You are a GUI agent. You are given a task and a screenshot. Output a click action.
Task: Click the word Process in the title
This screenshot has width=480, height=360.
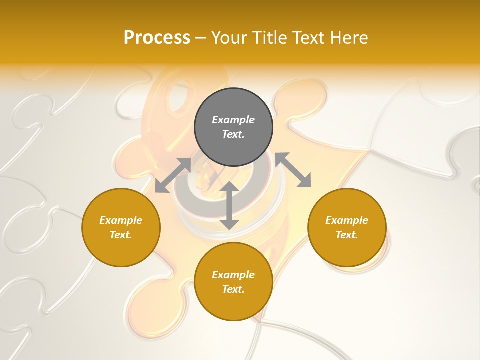pos(157,38)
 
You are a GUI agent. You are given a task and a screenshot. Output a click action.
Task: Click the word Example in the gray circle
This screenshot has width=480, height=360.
pos(233,120)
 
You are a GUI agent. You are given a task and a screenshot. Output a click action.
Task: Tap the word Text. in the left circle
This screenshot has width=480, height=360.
pos(121,235)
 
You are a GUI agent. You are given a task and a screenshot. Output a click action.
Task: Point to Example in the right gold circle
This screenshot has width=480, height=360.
pos(347,220)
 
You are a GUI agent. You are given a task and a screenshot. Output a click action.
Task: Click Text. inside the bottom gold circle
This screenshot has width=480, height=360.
pos(233,289)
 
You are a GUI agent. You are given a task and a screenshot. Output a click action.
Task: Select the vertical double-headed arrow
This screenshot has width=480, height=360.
pos(229,205)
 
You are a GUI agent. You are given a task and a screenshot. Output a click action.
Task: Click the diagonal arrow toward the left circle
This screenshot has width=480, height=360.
pos(173,175)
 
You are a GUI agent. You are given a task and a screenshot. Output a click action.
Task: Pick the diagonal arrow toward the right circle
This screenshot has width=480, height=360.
pos(293,170)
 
